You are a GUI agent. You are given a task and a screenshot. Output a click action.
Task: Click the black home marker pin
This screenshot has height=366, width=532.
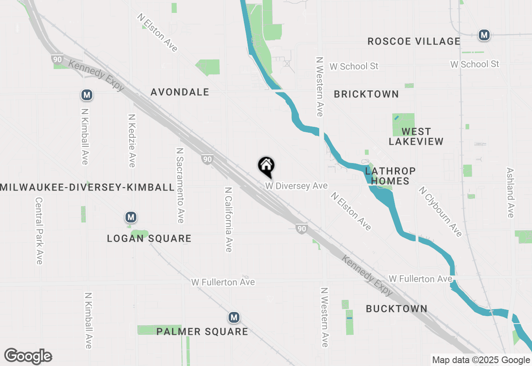(266, 167)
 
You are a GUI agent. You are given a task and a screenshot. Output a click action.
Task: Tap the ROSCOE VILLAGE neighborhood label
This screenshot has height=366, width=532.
(414, 41)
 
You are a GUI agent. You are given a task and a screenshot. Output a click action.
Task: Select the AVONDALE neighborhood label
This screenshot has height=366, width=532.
(180, 92)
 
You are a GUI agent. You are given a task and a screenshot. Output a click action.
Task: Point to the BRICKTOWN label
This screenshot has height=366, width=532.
(366, 94)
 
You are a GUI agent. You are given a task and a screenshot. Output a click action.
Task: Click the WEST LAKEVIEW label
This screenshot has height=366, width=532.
(416, 136)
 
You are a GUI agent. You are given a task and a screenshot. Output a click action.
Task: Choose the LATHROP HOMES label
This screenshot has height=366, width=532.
(390, 176)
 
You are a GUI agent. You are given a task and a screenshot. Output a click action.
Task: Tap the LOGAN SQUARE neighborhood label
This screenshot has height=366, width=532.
(149, 238)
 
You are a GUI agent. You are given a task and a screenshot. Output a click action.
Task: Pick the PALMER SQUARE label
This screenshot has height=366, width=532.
(202, 331)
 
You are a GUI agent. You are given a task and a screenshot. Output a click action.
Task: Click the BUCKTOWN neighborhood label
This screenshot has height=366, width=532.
(397, 309)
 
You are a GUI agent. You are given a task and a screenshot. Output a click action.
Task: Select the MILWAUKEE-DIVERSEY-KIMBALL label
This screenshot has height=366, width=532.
(87, 187)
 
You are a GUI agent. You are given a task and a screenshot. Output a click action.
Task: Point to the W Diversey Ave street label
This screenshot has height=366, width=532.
(296, 186)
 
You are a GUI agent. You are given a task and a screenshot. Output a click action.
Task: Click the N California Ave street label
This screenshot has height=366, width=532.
(228, 219)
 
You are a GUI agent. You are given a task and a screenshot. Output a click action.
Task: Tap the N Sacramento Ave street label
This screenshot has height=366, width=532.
(180, 185)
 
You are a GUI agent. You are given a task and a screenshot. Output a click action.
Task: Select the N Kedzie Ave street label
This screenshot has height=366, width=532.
(132, 141)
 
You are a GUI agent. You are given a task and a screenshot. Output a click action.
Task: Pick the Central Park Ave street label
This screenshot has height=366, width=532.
(39, 230)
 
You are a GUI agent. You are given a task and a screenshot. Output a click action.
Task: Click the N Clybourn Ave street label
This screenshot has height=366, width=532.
(440, 212)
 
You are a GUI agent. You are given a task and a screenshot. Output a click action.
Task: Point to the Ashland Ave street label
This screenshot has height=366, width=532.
(510, 192)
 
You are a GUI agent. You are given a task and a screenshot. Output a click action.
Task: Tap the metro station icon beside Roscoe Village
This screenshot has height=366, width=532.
(484, 35)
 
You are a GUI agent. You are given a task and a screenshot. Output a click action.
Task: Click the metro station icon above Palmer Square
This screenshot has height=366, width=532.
(234, 318)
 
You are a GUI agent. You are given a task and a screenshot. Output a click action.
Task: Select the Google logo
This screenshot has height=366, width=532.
(28, 356)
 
